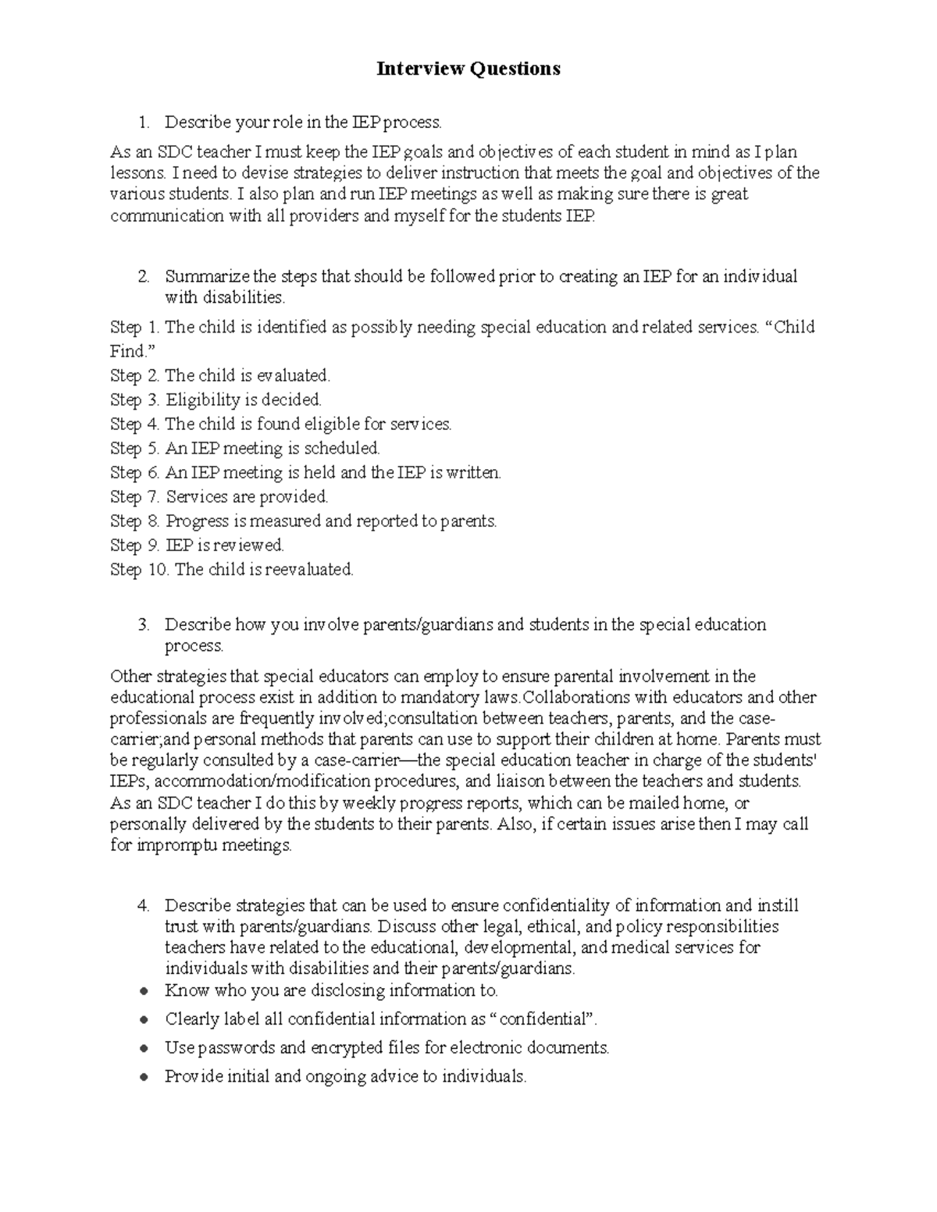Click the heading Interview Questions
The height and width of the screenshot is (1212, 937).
click(468, 69)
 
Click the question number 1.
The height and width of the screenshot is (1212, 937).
click(142, 123)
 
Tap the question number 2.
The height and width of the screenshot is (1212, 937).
click(142, 276)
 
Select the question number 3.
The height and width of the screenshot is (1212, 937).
click(142, 624)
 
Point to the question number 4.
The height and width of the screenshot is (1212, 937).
click(142, 905)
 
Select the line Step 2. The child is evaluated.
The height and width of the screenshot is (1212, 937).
click(220, 375)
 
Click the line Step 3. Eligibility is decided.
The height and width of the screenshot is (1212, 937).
click(216, 400)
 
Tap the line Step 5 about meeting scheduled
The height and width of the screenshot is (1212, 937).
click(244, 448)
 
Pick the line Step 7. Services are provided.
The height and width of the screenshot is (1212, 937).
click(219, 496)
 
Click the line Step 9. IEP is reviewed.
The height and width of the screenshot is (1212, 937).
click(197, 545)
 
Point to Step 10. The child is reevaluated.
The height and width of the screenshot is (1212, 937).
click(232, 569)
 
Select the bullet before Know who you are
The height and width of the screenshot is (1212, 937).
click(142, 991)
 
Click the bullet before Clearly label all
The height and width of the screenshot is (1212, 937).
click(142, 1020)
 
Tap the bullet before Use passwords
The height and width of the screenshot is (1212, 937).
click(142, 1048)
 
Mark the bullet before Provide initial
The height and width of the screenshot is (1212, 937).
click(142, 1077)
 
